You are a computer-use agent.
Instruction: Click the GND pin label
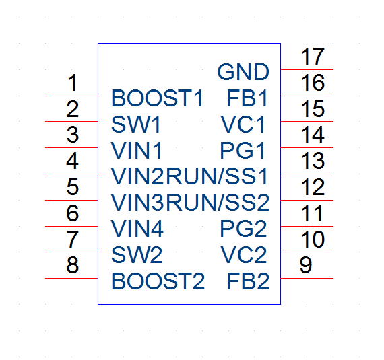click(243, 72)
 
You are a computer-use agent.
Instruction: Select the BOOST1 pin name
click(157, 98)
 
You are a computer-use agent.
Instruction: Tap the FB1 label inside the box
click(247, 98)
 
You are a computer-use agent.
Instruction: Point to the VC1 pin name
click(243, 124)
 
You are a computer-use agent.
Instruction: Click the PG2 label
click(243, 229)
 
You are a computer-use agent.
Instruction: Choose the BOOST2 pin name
click(158, 281)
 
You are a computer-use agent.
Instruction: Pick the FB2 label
click(248, 281)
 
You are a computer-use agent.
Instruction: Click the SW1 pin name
click(136, 124)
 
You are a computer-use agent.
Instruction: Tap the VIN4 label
click(137, 229)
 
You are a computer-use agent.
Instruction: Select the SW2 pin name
click(137, 255)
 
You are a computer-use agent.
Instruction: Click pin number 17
click(313, 57)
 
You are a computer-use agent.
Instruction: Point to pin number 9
click(306, 265)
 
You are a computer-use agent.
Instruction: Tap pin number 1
click(73, 83)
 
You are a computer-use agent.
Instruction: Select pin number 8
click(73, 265)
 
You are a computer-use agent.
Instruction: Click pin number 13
click(313, 161)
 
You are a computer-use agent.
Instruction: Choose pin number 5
click(73, 187)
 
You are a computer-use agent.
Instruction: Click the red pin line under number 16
click(307, 96)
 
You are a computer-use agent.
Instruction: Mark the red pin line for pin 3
click(71, 148)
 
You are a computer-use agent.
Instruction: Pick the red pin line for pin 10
click(307, 252)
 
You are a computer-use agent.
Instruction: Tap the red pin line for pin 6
click(71, 227)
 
